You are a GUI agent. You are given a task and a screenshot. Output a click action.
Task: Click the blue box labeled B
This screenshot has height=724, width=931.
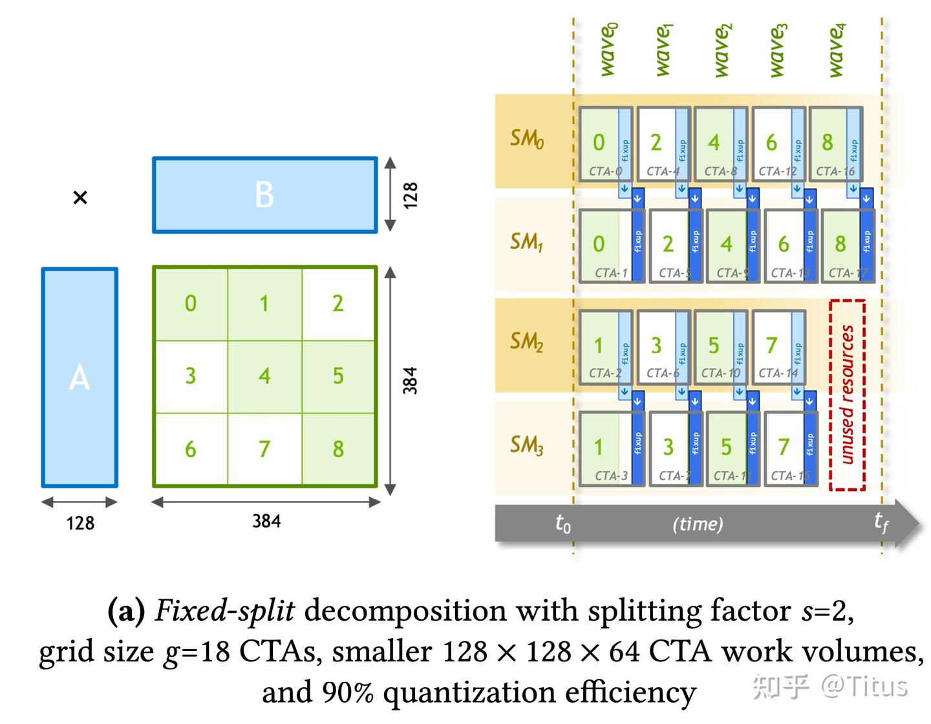click(264, 194)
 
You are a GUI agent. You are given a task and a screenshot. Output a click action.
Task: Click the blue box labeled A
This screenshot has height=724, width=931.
click(80, 377)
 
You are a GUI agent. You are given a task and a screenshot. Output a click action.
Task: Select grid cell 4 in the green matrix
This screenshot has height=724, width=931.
click(264, 376)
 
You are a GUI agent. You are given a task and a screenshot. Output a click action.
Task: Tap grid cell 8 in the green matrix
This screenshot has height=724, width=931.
click(338, 449)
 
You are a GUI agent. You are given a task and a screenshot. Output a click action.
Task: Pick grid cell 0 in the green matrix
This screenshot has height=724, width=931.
click(190, 303)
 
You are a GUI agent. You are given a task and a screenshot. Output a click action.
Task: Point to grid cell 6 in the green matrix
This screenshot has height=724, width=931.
click(190, 449)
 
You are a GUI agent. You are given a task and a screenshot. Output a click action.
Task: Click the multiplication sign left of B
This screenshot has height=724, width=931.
click(80, 198)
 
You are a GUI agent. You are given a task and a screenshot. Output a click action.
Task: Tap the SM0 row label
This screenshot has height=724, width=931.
click(526, 139)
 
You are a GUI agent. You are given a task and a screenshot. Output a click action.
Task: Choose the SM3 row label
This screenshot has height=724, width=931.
click(526, 445)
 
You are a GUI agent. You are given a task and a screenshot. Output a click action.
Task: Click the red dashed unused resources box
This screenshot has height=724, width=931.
click(847, 395)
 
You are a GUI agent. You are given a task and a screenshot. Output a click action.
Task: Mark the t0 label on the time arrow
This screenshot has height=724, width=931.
click(562, 523)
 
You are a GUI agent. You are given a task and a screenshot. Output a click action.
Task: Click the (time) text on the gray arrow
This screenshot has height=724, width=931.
click(698, 523)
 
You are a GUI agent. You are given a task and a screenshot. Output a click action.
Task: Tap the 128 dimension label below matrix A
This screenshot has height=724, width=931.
click(80, 522)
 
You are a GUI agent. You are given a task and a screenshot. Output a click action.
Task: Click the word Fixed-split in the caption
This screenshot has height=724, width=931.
click(224, 611)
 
